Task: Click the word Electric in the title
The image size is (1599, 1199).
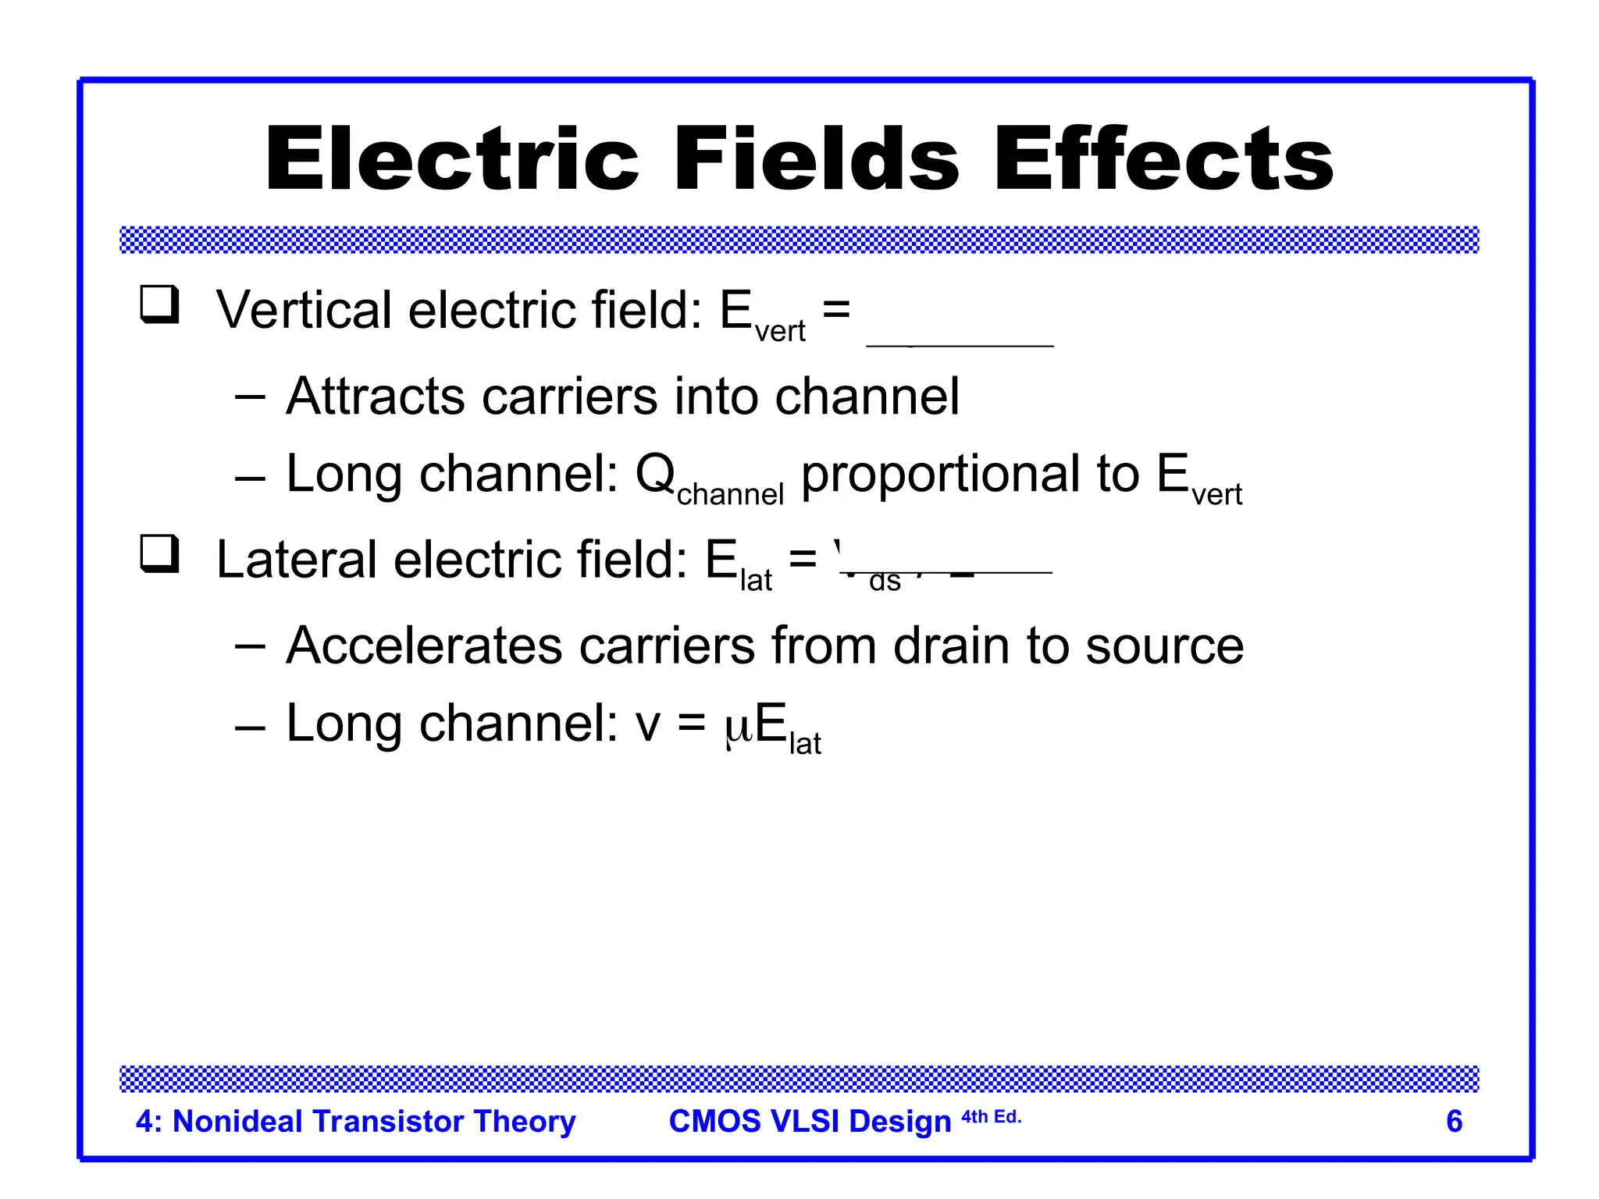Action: pos(453,160)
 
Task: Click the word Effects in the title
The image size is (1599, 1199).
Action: pos(1163,160)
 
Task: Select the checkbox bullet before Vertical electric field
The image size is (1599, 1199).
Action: pos(159,304)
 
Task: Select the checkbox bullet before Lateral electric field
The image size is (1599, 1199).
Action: pos(159,553)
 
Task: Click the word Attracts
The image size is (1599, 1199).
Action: pos(376,396)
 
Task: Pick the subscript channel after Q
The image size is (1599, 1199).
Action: pos(730,495)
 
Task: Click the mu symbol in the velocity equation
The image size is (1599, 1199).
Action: pos(738,726)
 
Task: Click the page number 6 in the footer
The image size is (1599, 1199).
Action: pos(1454,1121)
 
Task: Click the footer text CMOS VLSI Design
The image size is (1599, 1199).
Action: pos(810,1121)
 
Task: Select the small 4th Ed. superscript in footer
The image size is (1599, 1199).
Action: pos(991,1116)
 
